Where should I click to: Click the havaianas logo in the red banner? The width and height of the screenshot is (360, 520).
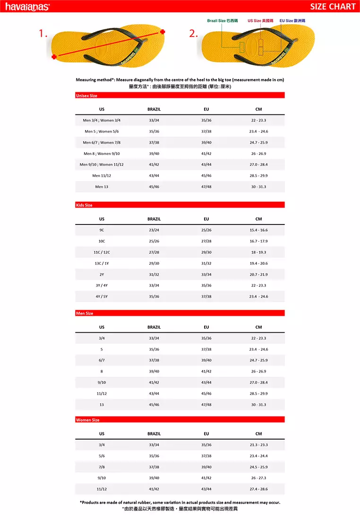(x=27, y=6)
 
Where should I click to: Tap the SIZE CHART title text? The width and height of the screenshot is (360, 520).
(x=333, y=6)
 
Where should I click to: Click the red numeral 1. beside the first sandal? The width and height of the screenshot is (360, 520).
(x=43, y=34)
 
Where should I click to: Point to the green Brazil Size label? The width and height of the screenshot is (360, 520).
(x=222, y=21)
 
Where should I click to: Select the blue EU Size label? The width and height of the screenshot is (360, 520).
(x=292, y=21)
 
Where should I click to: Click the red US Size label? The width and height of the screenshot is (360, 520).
(x=260, y=21)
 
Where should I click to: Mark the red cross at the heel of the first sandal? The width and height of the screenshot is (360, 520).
(x=54, y=57)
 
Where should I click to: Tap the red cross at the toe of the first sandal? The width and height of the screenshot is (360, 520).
(x=163, y=32)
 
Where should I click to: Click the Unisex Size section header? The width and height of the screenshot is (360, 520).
(x=86, y=95)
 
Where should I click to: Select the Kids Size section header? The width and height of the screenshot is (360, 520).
(x=84, y=205)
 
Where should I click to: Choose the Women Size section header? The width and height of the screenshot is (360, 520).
(x=87, y=420)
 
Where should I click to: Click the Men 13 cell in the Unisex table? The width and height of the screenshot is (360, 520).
(x=102, y=187)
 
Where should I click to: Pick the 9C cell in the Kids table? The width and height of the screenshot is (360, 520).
(x=102, y=230)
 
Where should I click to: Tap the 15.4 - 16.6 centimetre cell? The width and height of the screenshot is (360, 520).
(x=258, y=230)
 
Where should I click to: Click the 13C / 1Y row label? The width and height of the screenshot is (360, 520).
(x=102, y=263)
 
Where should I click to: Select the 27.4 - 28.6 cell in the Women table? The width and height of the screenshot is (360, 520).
(x=258, y=489)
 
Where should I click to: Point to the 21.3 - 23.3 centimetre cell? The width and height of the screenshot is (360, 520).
(x=258, y=445)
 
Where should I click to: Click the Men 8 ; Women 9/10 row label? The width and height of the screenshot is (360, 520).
(x=102, y=154)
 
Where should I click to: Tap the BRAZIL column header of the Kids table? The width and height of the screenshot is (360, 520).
(x=154, y=219)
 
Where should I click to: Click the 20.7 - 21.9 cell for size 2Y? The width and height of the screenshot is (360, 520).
(x=258, y=275)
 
